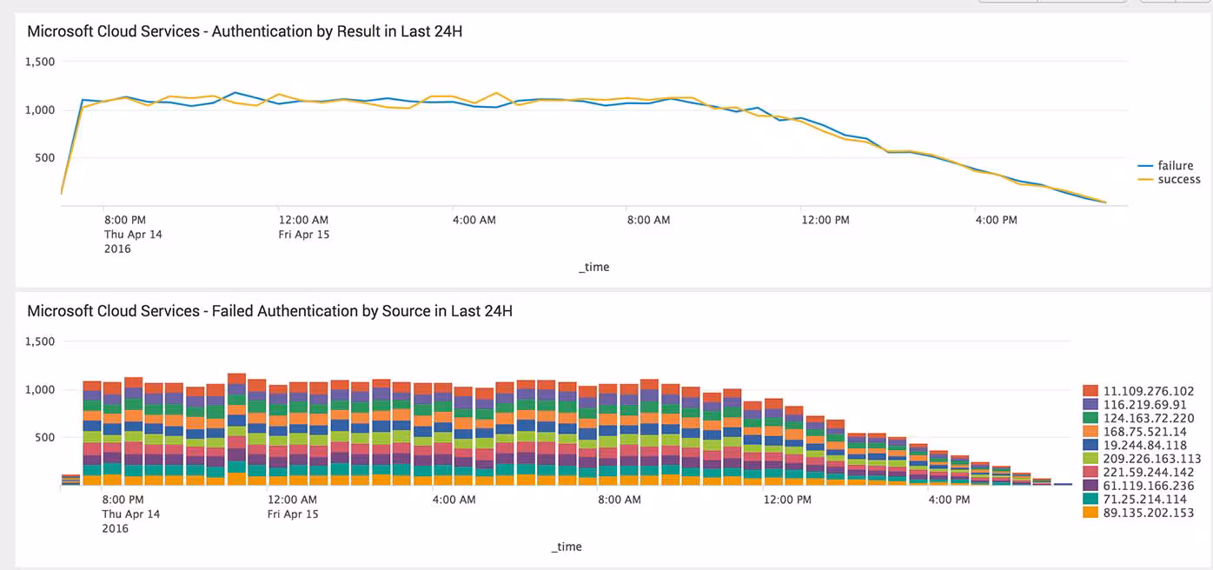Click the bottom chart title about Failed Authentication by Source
pyautogui.click(x=269, y=311)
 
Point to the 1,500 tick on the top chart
pyautogui.click(x=40, y=62)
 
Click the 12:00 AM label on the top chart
pyautogui.click(x=303, y=220)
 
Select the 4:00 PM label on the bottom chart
pyautogui.click(x=949, y=500)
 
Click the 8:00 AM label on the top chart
pyautogui.click(x=649, y=220)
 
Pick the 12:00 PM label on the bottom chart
pyautogui.click(x=787, y=500)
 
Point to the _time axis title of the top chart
pyautogui.click(x=593, y=267)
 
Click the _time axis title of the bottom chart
pyautogui.click(x=566, y=547)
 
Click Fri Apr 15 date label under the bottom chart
pyautogui.click(x=293, y=514)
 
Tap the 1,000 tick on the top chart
pyautogui.click(x=40, y=109)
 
